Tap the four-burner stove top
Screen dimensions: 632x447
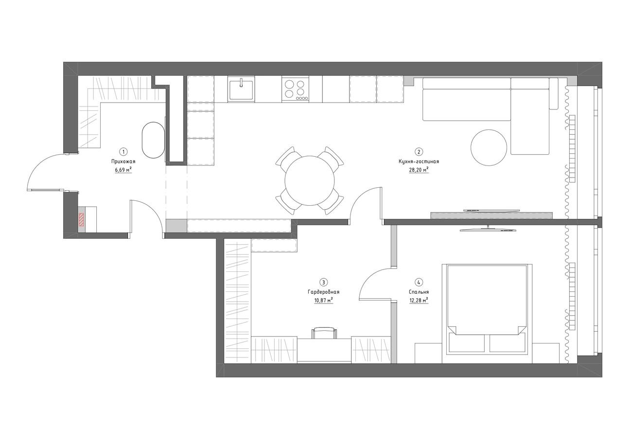[295, 89]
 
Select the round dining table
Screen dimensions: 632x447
[310, 180]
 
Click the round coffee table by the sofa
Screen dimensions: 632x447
[489, 147]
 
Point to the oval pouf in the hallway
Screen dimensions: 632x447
[153, 140]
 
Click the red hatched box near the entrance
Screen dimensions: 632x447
[81, 220]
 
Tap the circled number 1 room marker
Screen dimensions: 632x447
[123, 152]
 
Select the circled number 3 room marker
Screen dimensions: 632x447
[324, 282]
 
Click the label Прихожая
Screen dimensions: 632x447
[123, 161]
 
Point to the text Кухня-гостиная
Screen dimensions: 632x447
[419, 161]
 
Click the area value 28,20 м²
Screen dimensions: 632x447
[419, 170]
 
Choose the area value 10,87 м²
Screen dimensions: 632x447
[323, 300]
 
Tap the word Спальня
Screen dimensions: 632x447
[419, 292]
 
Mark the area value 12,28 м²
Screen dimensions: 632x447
[419, 300]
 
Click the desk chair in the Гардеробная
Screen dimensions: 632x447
[324, 333]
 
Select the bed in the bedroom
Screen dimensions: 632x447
[487, 314]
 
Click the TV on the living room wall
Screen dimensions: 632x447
[492, 210]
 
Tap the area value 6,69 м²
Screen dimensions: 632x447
[123, 170]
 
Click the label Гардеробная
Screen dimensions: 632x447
[323, 292]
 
